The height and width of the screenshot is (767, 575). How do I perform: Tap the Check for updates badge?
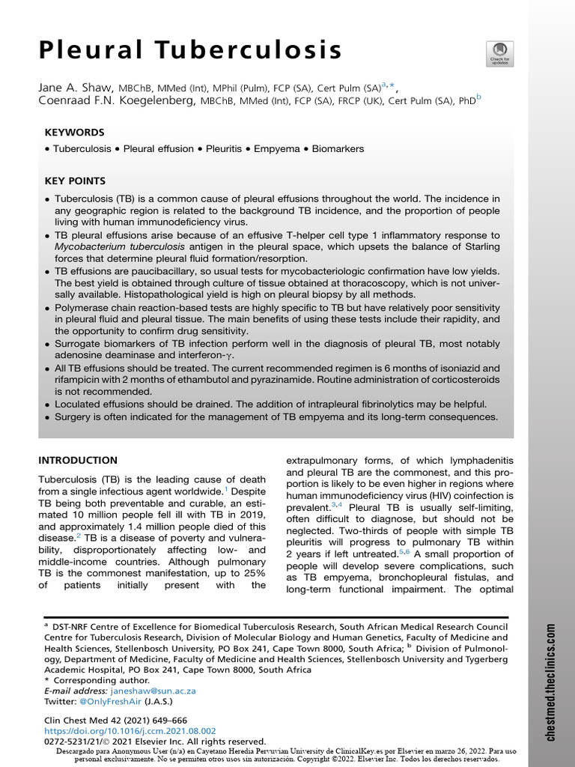499,53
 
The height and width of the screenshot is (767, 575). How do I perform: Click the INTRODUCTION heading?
78,460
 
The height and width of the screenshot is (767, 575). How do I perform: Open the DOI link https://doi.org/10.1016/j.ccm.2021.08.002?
130,730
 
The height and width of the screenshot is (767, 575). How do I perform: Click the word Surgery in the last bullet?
74,416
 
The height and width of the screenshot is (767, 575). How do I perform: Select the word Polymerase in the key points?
83,308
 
